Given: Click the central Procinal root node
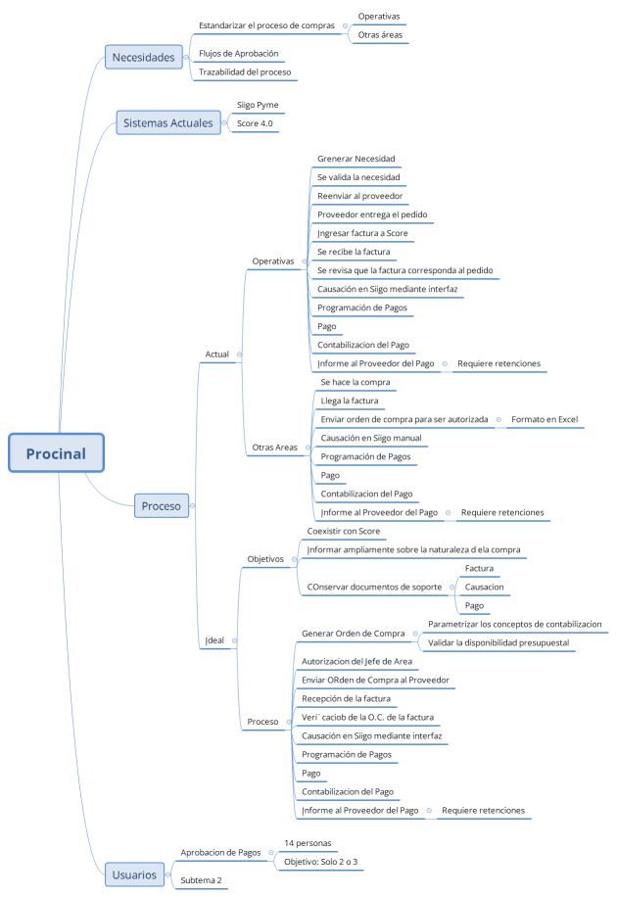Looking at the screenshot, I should coord(56,453).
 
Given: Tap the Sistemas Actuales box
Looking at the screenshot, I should coord(166,123).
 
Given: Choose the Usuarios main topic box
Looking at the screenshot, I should coord(133,873).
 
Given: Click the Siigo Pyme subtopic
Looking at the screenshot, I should coord(258,105).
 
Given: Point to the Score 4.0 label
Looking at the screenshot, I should coord(255,123).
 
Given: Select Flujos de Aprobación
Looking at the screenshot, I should coord(238,53).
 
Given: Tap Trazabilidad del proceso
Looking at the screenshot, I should coord(245,71).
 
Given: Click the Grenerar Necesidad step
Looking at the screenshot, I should coord(356,159).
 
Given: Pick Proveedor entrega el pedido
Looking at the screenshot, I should coord(372,214).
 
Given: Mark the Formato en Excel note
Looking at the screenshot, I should coord(545,419).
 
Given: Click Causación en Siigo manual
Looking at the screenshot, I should coord(371,438).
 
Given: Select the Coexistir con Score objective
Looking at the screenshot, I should coord(344,531).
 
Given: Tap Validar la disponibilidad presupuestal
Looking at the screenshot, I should coord(498,642).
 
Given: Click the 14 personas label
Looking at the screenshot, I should coord(308,842).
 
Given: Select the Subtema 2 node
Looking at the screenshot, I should coord(201,880).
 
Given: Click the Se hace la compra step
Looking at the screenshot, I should coord(356,382).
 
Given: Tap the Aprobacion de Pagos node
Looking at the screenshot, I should coord(220,852).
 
